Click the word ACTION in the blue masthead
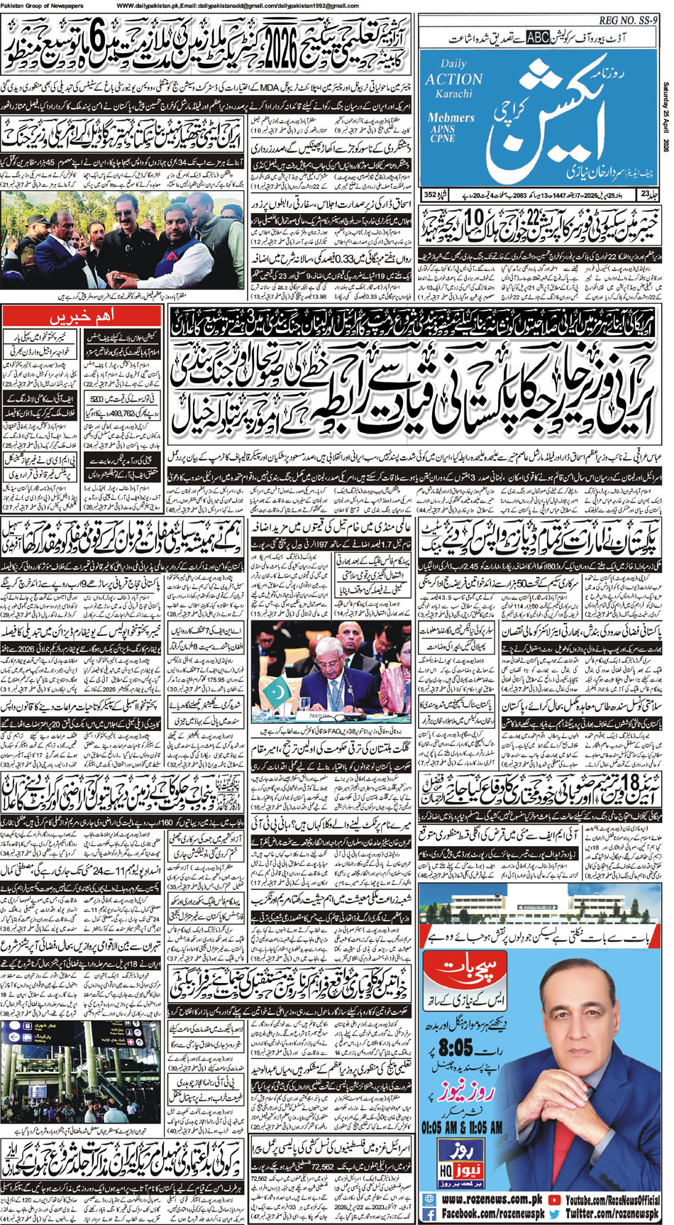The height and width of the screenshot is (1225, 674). tap(454, 79)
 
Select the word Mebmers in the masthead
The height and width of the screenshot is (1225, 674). tap(451, 118)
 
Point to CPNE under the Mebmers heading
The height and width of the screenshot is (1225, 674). tap(441, 139)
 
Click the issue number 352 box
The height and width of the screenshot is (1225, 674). tap(430, 194)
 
